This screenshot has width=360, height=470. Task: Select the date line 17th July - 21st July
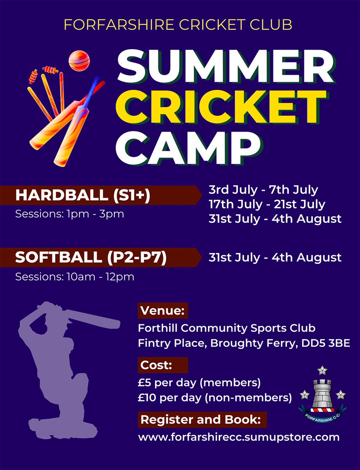[267, 204]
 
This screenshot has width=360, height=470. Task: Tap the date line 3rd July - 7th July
[263, 190]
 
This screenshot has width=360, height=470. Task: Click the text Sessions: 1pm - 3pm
[69, 215]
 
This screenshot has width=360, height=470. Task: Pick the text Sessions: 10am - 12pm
[74, 277]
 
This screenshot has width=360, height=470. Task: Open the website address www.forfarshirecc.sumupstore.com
[239, 437]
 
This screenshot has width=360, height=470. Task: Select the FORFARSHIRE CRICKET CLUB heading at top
[178, 25]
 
